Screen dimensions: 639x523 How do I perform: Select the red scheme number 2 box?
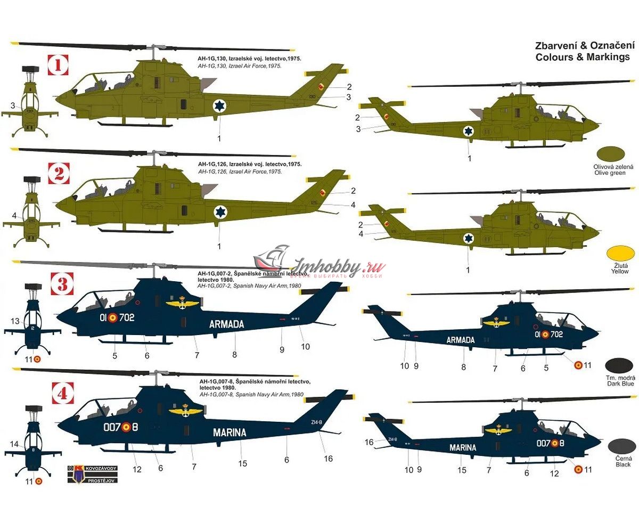59,174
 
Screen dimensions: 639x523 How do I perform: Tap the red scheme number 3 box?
62,284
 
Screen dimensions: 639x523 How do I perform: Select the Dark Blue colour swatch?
619,365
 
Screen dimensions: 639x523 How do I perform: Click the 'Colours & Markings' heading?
583,57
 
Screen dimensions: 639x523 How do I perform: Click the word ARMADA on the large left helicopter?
226,324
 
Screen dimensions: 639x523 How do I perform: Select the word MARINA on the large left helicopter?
230,432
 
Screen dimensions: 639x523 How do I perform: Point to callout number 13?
15,321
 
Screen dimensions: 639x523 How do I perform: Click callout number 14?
14,444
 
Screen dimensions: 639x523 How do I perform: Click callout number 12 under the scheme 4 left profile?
137,469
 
